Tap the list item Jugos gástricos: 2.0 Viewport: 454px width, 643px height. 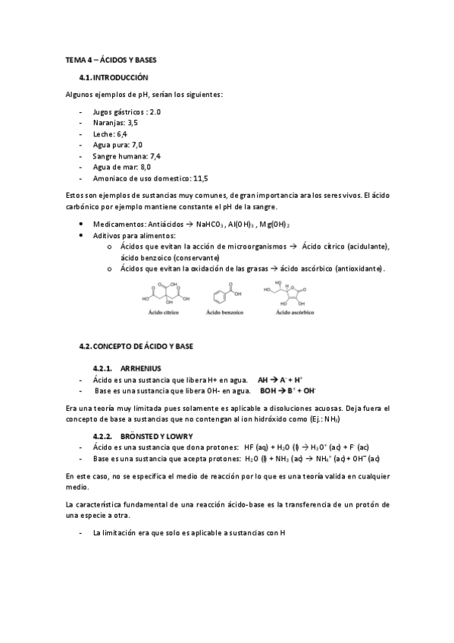(x=127, y=111)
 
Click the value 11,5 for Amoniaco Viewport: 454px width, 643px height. (x=200, y=178)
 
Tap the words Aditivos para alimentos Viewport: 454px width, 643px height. (x=133, y=236)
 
